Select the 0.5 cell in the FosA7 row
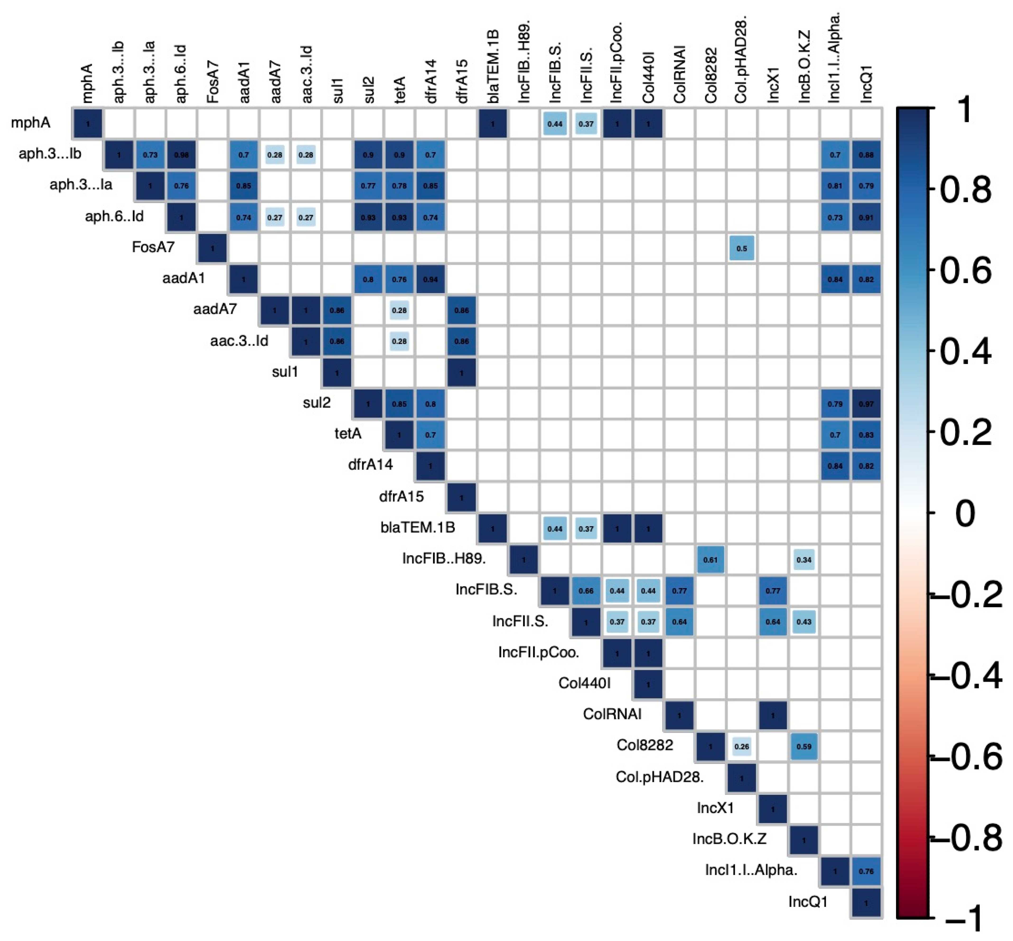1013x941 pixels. [x=742, y=248]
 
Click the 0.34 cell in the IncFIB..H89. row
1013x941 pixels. [x=804, y=560]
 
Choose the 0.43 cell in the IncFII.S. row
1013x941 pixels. [x=804, y=622]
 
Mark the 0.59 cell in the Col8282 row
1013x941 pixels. [x=804, y=746]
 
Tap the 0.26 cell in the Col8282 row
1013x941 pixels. [x=742, y=746]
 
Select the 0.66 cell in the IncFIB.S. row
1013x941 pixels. [x=586, y=591]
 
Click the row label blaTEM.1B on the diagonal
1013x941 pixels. [x=417, y=528]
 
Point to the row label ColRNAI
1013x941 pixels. [x=612, y=714]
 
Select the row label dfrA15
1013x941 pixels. [x=401, y=496]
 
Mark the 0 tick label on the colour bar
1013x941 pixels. [x=965, y=513]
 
